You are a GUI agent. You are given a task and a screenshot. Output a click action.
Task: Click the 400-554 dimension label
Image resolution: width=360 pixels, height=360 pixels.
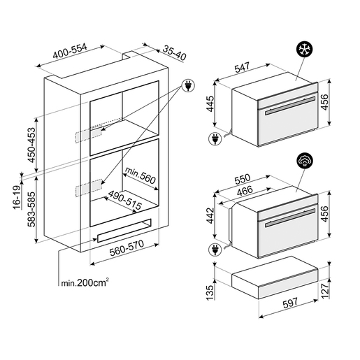[x=70, y=51]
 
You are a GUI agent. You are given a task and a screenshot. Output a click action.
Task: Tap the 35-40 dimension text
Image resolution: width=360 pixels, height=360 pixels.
[x=174, y=53]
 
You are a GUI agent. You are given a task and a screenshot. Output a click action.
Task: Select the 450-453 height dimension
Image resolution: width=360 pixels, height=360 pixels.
[x=31, y=145]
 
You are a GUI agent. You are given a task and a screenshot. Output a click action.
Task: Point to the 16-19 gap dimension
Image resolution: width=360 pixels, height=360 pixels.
[x=17, y=197]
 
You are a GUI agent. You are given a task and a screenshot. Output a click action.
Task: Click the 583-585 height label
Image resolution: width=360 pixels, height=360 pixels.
[x=31, y=209]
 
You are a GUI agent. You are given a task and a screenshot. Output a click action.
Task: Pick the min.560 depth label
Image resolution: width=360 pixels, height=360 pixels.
[x=141, y=175]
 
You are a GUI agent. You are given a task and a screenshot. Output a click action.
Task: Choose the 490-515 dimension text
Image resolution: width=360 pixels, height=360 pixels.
[x=125, y=200]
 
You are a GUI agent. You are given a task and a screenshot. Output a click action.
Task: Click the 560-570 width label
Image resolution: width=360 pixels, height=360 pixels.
[x=127, y=248]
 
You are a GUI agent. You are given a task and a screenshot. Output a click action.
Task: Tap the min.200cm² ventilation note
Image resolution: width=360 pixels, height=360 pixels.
[x=85, y=282]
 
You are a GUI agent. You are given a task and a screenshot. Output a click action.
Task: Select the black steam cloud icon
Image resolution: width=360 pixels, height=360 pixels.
[x=305, y=161]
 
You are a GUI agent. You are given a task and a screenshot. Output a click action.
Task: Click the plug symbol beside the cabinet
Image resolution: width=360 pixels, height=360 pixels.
[x=188, y=85]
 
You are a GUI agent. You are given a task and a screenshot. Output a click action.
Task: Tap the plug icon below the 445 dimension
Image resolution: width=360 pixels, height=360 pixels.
[x=215, y=139]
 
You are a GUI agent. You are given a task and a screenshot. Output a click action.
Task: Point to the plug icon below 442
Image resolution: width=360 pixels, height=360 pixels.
[x=215, y=250]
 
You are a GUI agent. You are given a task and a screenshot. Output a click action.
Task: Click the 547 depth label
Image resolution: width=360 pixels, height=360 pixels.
[x=242, y=67]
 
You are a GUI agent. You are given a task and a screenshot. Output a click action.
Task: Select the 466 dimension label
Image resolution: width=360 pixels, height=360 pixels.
[x=245, y=191]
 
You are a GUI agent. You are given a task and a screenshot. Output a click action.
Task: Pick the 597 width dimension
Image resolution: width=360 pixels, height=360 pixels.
[x=290, y=303]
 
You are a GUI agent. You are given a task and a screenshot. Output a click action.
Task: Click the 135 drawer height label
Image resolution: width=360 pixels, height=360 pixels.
[x=210, y=293]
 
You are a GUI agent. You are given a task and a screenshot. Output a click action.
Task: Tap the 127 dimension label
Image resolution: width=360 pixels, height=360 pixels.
[x=324, y=290]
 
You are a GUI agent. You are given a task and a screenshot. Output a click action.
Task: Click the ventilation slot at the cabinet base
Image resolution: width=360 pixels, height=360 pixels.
[x=124, y=231]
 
